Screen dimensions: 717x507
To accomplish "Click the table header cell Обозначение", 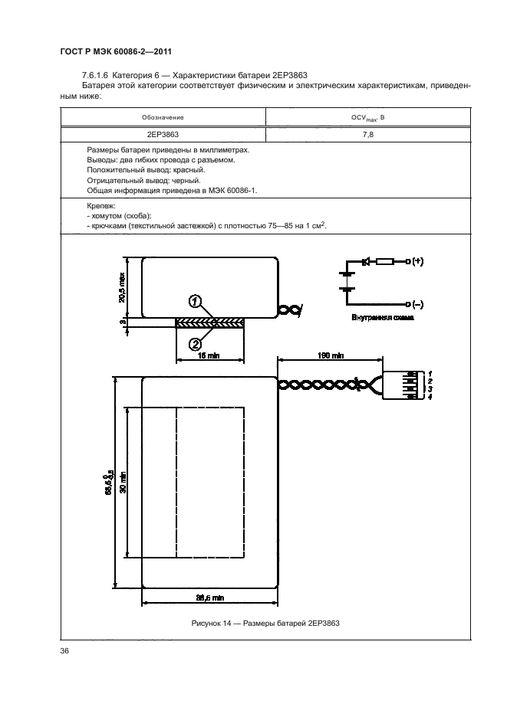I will click(x=163, y=117).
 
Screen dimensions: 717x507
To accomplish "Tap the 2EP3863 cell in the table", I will click(x=163, y=134).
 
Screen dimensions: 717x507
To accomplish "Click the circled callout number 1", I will click(x=196, y=301).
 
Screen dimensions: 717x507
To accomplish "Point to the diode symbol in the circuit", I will click(x=366, y=262).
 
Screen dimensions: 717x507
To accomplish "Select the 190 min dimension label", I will click(x=329, y=355).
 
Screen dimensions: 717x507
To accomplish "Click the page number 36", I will click(x=64, y=651).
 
